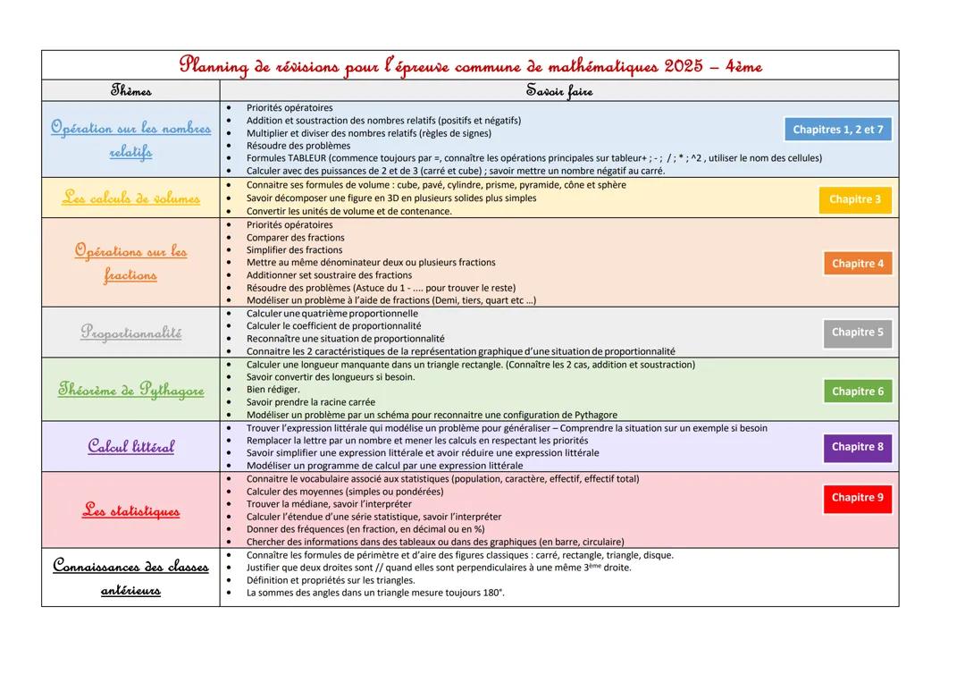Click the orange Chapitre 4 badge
(858, 264)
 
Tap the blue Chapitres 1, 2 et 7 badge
(837, 130)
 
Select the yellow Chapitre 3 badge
(855, 199)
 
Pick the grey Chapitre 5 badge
(857, 333)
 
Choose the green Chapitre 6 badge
(857, 392)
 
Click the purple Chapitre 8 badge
(857, 447)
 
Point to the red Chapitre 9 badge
(857, 498)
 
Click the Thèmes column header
(130, 90)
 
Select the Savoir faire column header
(558, 90)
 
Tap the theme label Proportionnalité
(130, 333)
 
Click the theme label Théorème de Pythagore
(130, 390)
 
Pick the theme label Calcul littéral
(130, 446)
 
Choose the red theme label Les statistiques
(130, 511)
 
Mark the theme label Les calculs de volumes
(130, 198)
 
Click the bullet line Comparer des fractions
(295, 238)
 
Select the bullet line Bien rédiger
(273, 390)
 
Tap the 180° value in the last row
(492, 593)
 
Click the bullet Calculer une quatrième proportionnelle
(331, 314)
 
